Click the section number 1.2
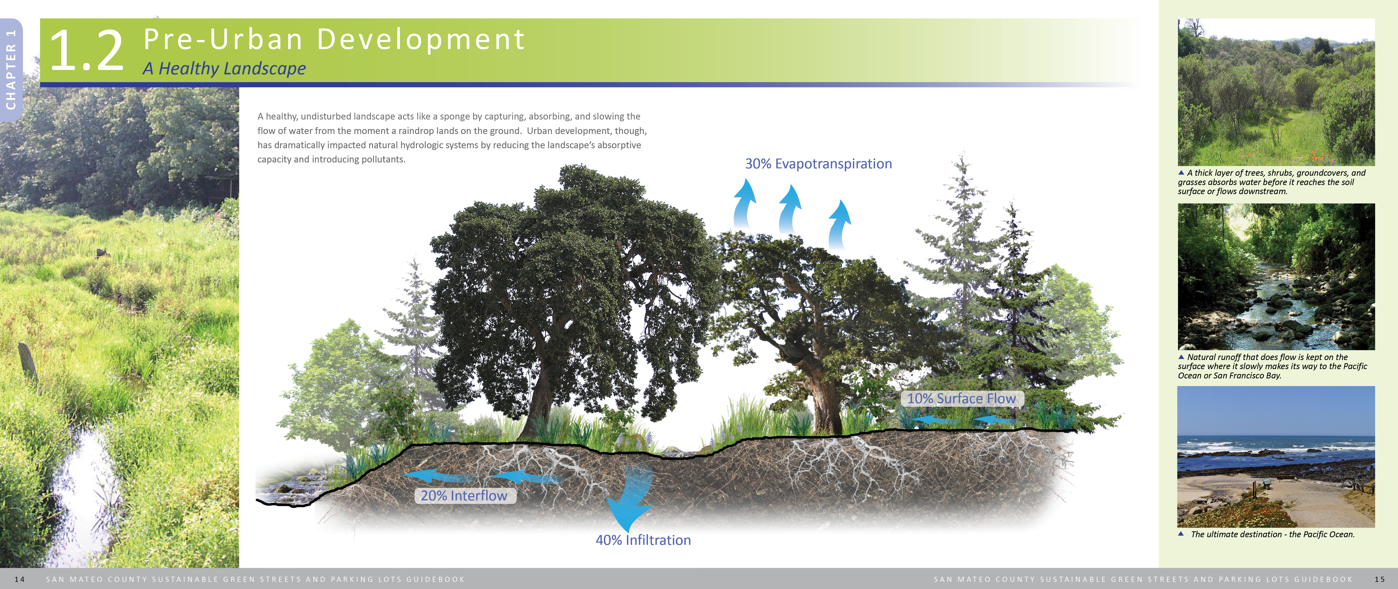pos(87,51)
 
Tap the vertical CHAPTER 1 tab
pos(11,69)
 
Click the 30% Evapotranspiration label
pos(818,164)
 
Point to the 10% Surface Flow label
pos(961,399)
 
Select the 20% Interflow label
pos(464,496)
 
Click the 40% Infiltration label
pos(643,540)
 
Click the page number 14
pos(20,579)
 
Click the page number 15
pos(1380,579)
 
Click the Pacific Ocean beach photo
pos(1276,456)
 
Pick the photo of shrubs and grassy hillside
pos(1276,92)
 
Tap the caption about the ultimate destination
pos(1272,534)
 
